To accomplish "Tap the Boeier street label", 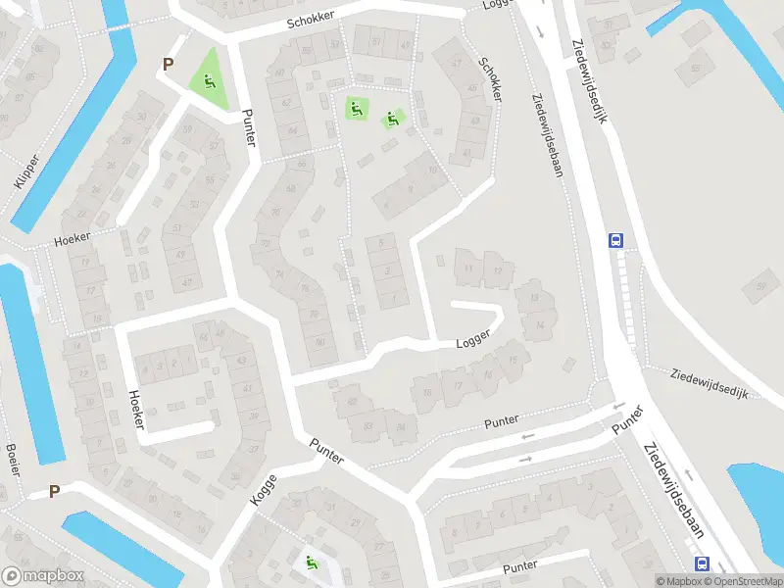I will point(13,459).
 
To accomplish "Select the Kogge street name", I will point(264,488).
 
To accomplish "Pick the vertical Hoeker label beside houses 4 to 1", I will point(136,409).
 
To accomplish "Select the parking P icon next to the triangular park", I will point(168,65).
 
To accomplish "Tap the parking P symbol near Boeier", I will point(54,492).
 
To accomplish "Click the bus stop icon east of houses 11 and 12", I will point(616,240).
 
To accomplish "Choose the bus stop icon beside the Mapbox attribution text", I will point(702,563).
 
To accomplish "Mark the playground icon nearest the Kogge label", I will point(311,563).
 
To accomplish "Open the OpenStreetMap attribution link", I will point(740,581).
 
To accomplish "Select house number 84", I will point(292,130).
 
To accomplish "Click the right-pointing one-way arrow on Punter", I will point(525,458).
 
